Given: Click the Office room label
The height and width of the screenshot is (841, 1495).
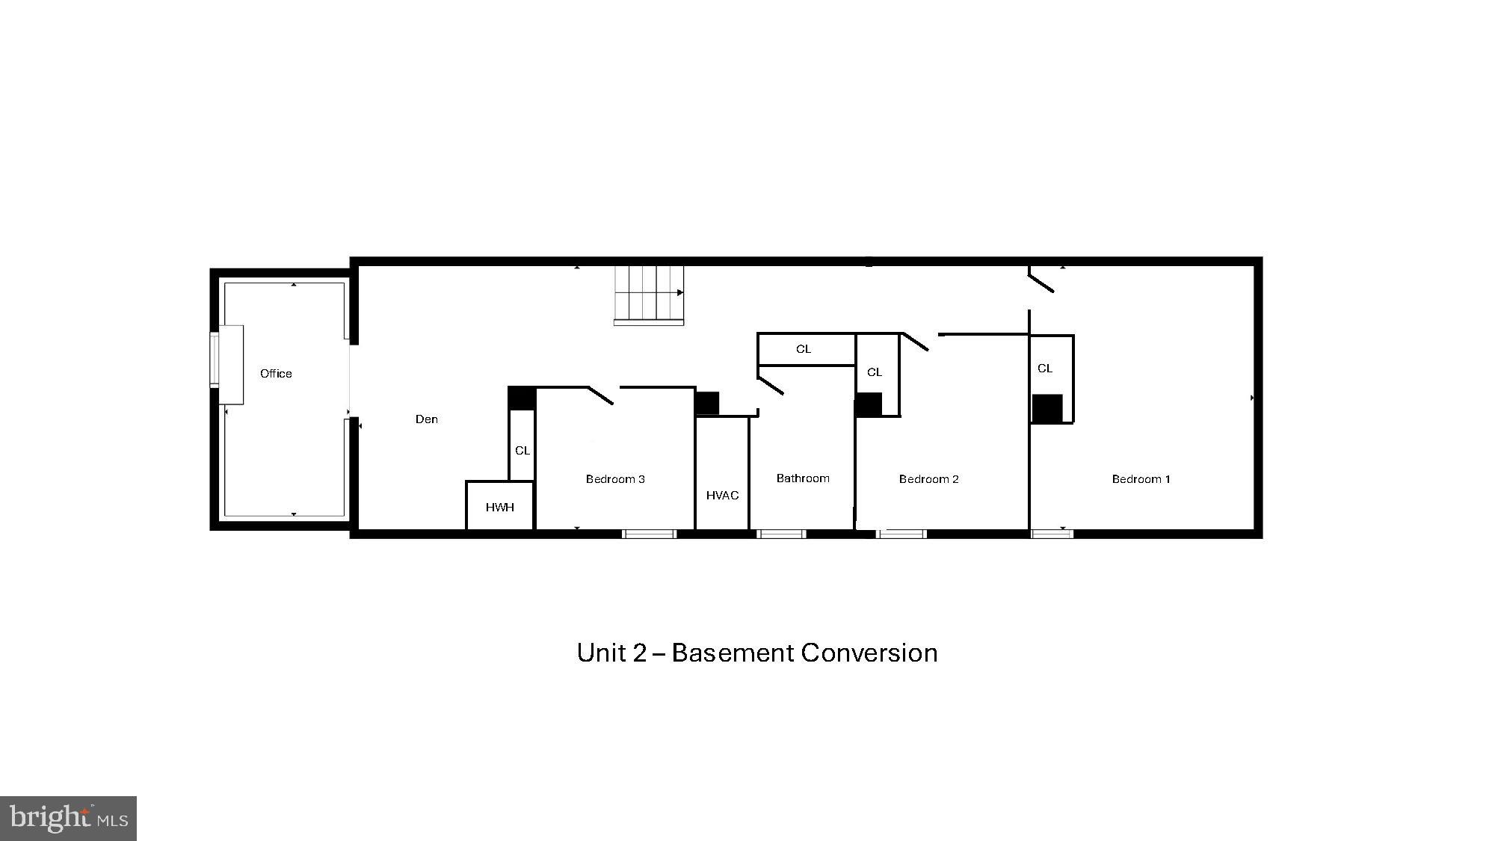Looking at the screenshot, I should pos(276,374).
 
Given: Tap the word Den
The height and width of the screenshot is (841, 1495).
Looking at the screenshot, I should pos(427,419).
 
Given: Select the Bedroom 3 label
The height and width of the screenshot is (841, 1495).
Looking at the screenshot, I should pos(615,479).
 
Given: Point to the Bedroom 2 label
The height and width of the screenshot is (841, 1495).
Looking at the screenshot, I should pos(928,479).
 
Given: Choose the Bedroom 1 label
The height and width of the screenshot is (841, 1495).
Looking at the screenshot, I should pos(1141,479).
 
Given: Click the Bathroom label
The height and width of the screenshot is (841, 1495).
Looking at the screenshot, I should pos(803,478).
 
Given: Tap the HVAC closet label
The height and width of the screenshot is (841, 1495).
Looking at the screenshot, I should pos(722,496).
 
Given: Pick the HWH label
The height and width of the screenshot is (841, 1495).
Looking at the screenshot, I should pos(500,508).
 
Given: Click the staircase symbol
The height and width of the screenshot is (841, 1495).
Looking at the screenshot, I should pos(649,294).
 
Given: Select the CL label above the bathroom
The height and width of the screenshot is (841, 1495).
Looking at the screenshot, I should pos(804,349).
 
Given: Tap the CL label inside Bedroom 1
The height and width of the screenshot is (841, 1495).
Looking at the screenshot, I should pos(1045,369).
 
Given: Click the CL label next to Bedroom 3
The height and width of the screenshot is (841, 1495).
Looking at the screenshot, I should pos(523,451).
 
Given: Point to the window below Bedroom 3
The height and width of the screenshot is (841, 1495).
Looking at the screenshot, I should pos(650,534).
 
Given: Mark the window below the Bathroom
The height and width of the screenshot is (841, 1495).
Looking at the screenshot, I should pos(781,534).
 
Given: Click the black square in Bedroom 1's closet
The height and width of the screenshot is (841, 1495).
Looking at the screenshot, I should pos(1047,409).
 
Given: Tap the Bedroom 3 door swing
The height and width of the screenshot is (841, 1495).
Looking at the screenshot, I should pos(601,395).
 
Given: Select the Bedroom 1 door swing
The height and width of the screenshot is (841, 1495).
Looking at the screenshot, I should pos(1041,283).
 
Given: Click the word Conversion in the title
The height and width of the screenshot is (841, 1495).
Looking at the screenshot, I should pos(869,653).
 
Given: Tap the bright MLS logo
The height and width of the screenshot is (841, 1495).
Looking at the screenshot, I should pos(69,818).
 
